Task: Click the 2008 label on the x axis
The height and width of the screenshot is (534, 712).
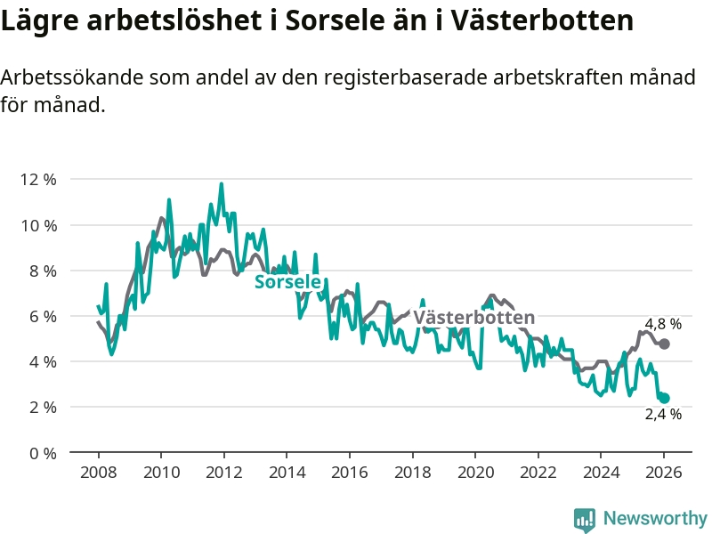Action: (97, 473)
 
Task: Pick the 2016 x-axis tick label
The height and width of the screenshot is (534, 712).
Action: (349, 473)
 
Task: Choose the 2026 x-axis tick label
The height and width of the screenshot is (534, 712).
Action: (664, 473)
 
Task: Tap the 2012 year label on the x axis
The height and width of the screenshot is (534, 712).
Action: (223, 473)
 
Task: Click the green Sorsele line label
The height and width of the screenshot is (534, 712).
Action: (287, 282)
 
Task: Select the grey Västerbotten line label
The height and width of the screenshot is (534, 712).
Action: (474, 318)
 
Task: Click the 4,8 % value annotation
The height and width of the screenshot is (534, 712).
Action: (663, 324)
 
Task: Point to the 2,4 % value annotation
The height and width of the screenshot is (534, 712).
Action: (663, 414)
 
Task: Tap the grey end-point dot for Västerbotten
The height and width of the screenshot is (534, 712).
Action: (664, 344)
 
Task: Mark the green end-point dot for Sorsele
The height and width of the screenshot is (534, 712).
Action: (664, 398)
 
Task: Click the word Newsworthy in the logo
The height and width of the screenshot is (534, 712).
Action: (655, 518)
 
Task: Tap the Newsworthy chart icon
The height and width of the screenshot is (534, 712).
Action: (585, 518)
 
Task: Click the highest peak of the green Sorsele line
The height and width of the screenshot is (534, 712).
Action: (222, 184)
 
